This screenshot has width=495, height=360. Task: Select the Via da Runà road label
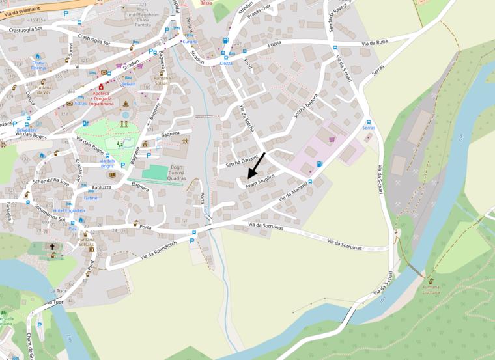pyautogui.click(x=375, y=42)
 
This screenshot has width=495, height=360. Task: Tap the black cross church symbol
pyautogui.click(x=53, y=247)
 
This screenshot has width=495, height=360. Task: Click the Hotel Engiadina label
pyautogui.click(x=69, y=211)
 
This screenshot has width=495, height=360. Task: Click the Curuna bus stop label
pyautogui.click(x=190, y=42)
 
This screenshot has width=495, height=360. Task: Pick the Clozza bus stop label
pyautogui.click(x=226, y=63)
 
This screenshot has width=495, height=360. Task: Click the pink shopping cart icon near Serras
pyautogui.click(x=332, y=138)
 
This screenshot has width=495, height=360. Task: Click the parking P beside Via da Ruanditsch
pyautogui.click(x=191, y=240)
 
